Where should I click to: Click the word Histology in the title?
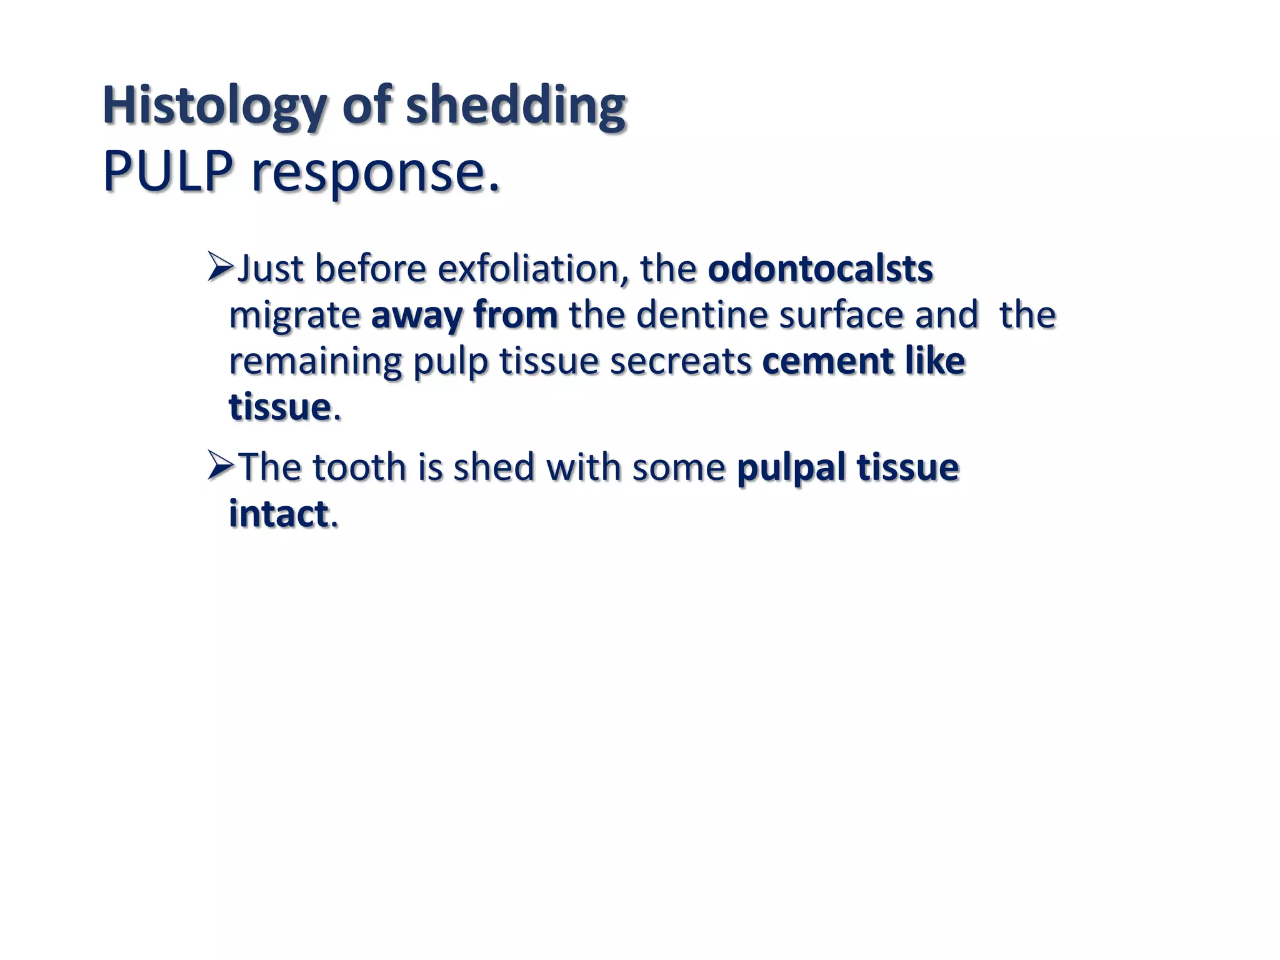[x=212, y=106]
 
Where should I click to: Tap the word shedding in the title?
[x=516, y=106]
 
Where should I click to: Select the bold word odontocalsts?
[x=820, y=269]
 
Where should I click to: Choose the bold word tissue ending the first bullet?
[x=279, y=407]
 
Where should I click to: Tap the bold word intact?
[x=278, y=514]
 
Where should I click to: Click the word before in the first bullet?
[x=370, y=269]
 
